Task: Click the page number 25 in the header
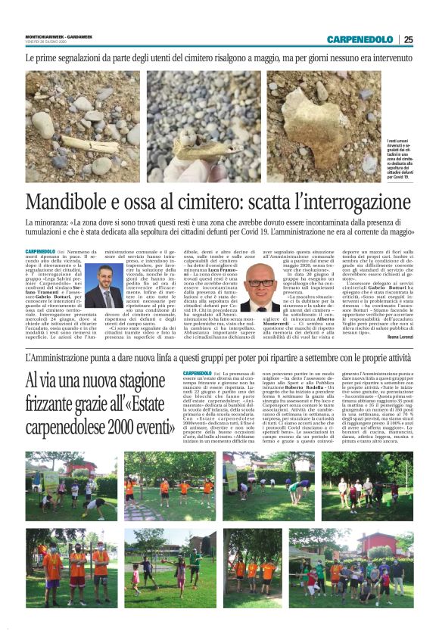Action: tap(409, 39)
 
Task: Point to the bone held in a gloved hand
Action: tap(189, 147)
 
